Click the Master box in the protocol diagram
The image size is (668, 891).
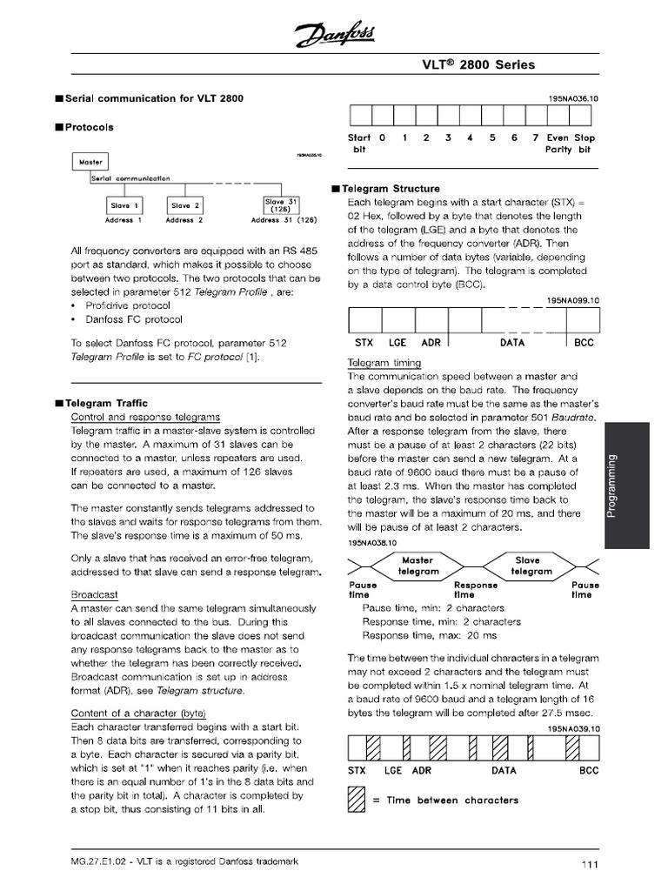tap(90, 162)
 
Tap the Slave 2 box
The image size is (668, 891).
tap(185, 205)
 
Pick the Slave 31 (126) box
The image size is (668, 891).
tap(280, 205)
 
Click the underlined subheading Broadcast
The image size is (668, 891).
tap(94, 594)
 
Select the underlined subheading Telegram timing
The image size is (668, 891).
tap(384, 363)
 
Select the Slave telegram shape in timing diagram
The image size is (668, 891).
tap(527, 566)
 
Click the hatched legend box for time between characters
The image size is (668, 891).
tap(356, 799)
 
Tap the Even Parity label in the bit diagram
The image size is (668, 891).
tap(558, 144)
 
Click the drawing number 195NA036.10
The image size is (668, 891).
tap(573, 99)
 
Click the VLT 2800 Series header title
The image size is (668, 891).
tap(491, 65)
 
